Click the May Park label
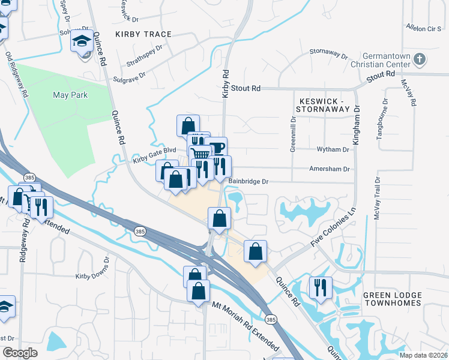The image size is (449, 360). tap(70, 95)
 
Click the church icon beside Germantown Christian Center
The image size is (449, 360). tap(420, 59)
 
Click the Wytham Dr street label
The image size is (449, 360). tap(337, 149)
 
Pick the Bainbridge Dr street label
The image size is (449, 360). tap(248, 181)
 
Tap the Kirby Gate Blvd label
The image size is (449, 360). tap(154, 155)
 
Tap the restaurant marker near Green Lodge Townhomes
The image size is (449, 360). tap(321, 288)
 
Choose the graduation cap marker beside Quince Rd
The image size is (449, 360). tap(82, 43)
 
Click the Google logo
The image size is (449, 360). tap(20, 353)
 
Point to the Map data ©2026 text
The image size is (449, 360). tap(423, 355)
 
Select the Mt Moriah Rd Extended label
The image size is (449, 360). tap(246, 326)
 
